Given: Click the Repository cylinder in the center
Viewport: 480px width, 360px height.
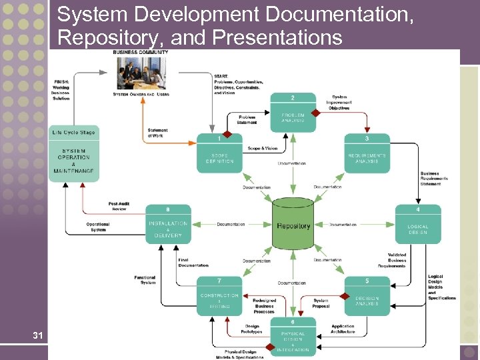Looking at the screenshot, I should [293, 225].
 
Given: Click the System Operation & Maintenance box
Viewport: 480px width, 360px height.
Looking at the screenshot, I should [74, 161].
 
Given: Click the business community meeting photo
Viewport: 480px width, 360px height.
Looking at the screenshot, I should [141, 73].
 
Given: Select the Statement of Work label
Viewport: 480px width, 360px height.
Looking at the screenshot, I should [158, 133].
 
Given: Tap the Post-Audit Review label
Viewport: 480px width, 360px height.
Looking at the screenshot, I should [118, 206].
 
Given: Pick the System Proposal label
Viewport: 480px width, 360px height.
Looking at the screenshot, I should [321, 303].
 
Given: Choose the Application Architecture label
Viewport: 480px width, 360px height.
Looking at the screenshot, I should [343, 329].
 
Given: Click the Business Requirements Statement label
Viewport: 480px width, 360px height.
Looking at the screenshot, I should [434, 179].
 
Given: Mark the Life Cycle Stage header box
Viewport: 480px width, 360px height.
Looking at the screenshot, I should [73, 132].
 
